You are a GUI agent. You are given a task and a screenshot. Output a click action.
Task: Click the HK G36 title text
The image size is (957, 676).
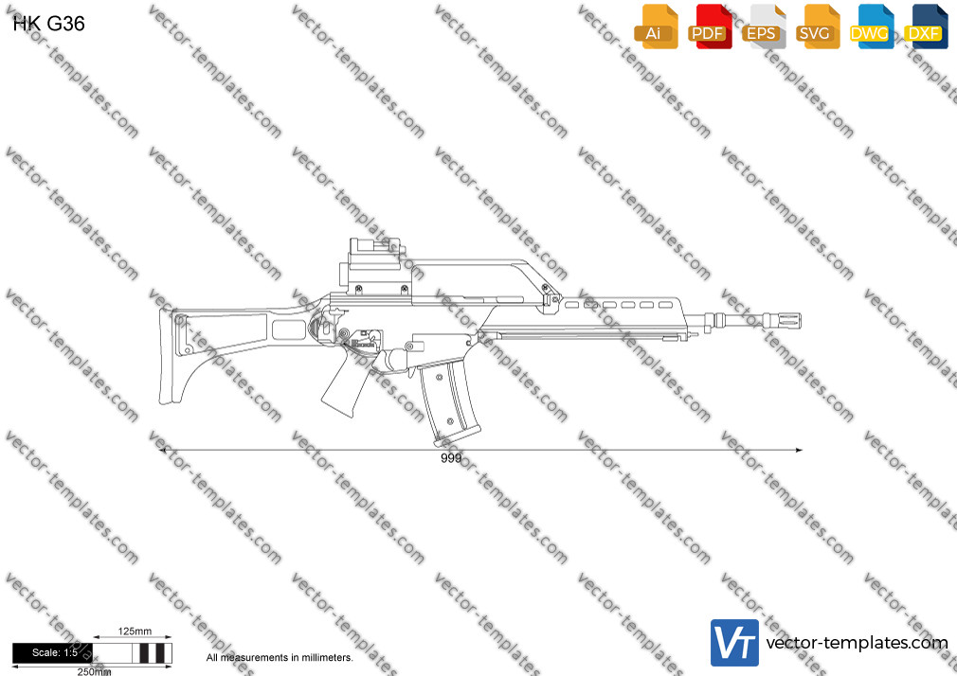click(49, 24)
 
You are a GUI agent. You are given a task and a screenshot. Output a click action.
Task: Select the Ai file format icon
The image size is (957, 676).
click(656, 27)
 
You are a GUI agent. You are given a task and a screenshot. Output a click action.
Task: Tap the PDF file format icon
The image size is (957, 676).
click(709, 27)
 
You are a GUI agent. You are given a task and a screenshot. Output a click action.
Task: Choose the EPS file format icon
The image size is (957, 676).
click(763, 27)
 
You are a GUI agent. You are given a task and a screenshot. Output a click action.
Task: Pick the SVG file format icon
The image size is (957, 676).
click(817, 27)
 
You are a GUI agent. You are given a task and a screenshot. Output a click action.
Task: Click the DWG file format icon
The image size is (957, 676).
click(871, 27)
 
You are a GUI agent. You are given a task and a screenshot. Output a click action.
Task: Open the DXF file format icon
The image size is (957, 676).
click(926, 27)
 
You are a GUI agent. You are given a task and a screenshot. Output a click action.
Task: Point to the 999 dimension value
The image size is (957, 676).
click(451, 458)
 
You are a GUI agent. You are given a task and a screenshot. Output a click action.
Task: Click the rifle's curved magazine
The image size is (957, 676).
click(448, 401)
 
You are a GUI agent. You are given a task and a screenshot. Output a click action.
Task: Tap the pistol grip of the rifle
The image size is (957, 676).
click(346, 384)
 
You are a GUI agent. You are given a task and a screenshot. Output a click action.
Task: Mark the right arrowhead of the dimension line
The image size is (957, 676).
click(799, 451)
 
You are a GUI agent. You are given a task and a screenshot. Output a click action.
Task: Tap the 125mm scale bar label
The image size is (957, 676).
click(135, 632)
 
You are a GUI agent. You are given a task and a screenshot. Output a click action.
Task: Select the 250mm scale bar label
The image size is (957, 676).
click(94, 671)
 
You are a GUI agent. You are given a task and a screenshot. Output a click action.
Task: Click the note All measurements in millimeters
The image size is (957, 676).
click(280, 658)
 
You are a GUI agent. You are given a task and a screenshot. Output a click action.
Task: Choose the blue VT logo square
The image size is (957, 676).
click(735, 643)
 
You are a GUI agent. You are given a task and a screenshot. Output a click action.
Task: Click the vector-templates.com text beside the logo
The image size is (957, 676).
click(857, 643)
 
